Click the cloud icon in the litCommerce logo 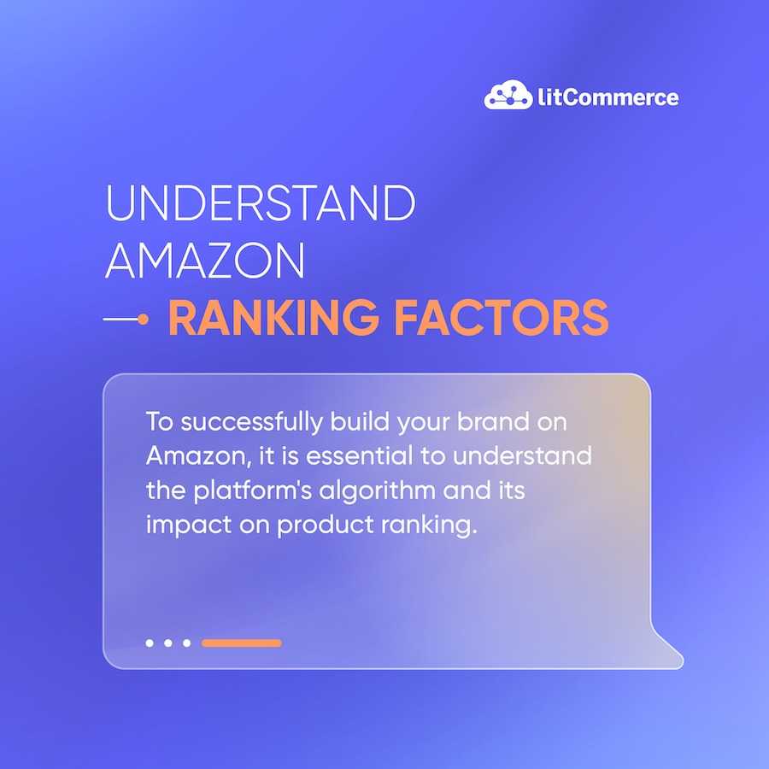(508, 94)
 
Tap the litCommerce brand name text (608, 97)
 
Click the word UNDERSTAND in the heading (261, 203)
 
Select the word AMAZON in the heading (205, 260)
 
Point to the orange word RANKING (273, 318)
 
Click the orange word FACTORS (502, 318)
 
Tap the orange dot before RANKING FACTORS (143, 320)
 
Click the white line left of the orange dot (120, 320)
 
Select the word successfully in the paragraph (252, 423)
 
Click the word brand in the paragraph (493, 422)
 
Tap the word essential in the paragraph (360, 456)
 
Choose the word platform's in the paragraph (253, 491)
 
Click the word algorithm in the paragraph (377, 491)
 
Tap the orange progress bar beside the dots (241, 643)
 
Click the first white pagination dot (150, 643)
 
